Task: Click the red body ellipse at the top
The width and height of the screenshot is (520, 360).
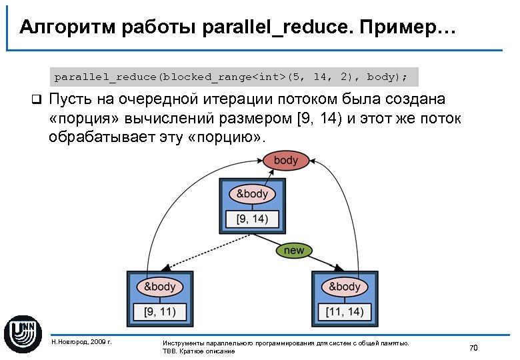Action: click(286, 161)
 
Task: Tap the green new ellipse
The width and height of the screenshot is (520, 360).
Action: click(294, 251)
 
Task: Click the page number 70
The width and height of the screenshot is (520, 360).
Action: click(474, 347)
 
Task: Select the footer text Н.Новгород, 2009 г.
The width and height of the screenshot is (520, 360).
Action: click(81, 343)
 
